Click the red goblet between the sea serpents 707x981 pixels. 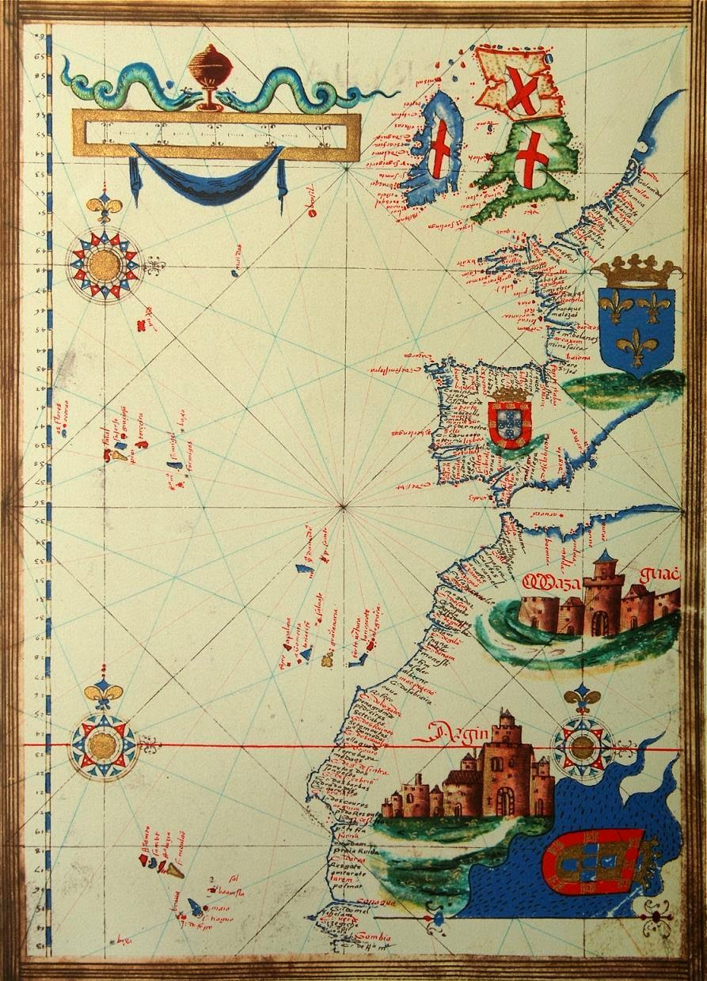click(x=207, y=75)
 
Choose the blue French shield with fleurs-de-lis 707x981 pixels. click(x=637, y=324)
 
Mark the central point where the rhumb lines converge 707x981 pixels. click(x=344, y=504)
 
